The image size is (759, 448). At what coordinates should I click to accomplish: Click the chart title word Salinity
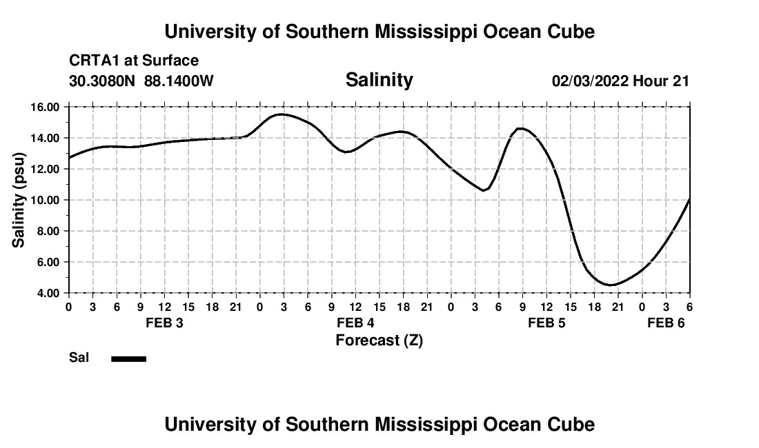(x=379, y=80)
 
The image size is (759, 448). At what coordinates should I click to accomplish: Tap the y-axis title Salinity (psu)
(x=19, y=200)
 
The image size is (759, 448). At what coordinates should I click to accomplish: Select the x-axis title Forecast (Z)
(x=379, y=340)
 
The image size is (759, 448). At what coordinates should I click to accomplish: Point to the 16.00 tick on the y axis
(x=45, y=107)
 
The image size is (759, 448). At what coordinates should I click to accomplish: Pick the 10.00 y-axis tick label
(x=45, y=200)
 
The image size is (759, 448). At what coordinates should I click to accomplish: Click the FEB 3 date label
(x=164, y=323)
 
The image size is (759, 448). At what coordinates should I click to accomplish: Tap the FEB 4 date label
(x=355, y=323)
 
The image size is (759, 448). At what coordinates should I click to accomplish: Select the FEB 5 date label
(x=546, y=323)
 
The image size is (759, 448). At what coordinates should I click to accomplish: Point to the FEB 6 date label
(x=666, y=323)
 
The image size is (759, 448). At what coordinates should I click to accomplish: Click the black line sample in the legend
(x=129, y=358)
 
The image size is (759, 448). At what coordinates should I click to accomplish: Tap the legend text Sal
(x=78, y=358)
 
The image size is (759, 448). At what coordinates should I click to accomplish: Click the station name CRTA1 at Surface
(x=134, y=61)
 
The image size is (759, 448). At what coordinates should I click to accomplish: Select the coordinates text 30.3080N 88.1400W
(x=141, y=81)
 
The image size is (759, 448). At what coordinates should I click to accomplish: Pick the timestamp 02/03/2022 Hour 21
(x=620, y=81)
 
